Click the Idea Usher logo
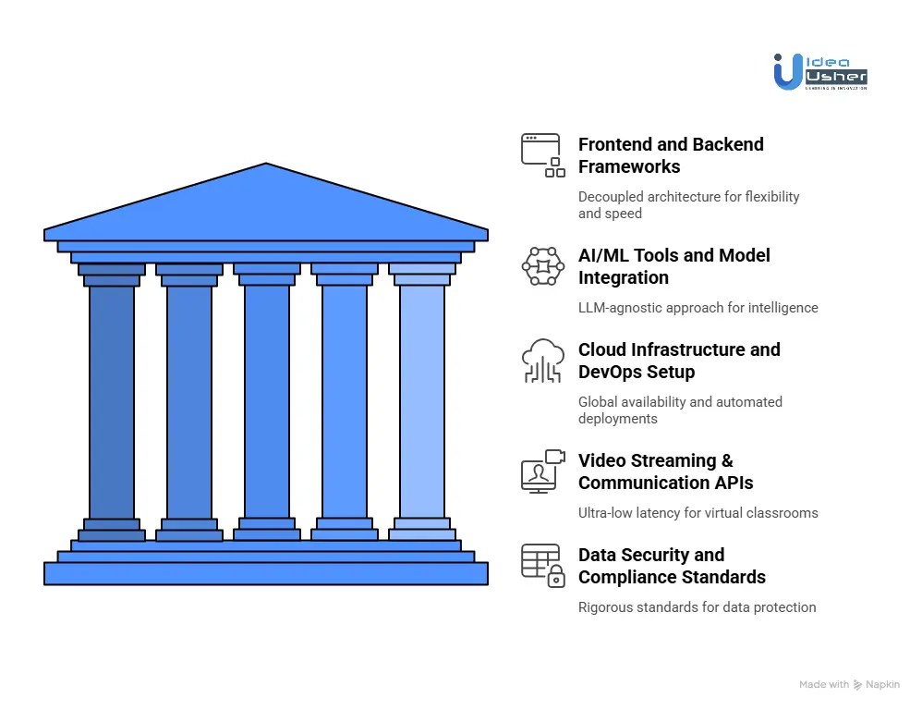tap(819, 71)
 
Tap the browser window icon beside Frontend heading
tap(542, 155)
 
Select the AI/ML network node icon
tap(542, 266)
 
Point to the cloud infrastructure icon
tap(542, 361)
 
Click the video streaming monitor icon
tap(542, 471)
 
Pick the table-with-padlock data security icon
tap(542, 565)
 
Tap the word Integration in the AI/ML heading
tap(623, 277)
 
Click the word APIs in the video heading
tap(730, 483)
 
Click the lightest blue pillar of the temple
tap(422, 401)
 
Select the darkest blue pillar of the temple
tap(112, 401)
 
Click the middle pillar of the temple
tap(267, 401)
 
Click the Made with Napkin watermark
tap(849, 685)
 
